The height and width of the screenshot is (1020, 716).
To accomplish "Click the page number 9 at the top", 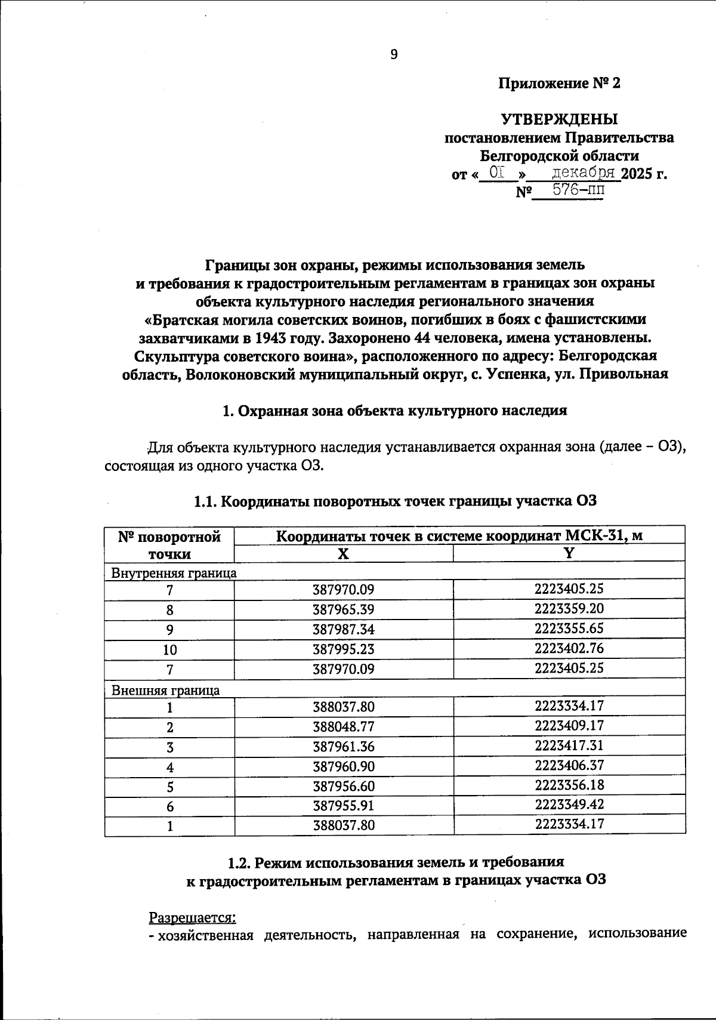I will click(394, 55).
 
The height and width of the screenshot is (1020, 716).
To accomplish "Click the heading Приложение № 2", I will click(559, 84).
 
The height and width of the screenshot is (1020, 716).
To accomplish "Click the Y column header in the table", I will click(569, 553).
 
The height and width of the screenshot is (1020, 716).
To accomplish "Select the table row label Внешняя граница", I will click(166, 690).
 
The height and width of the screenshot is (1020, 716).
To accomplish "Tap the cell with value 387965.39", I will click(343, 610).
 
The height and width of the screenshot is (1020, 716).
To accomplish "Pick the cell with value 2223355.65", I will click(569, 628).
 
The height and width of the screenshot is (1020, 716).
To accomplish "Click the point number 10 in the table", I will click(169, 649).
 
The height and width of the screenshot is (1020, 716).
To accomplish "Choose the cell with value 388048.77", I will click(343, 727).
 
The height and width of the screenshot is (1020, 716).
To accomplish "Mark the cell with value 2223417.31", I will click(569, 745).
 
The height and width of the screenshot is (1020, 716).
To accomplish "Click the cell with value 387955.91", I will click(343, 806).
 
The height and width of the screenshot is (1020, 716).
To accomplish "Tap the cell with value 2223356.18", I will click(569, 785).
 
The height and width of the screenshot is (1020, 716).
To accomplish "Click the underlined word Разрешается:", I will click(192, 916).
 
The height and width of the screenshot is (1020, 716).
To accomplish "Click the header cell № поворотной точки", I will click(169, 544).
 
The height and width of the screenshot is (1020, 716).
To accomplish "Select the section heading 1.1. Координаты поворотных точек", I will click(395, 501).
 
